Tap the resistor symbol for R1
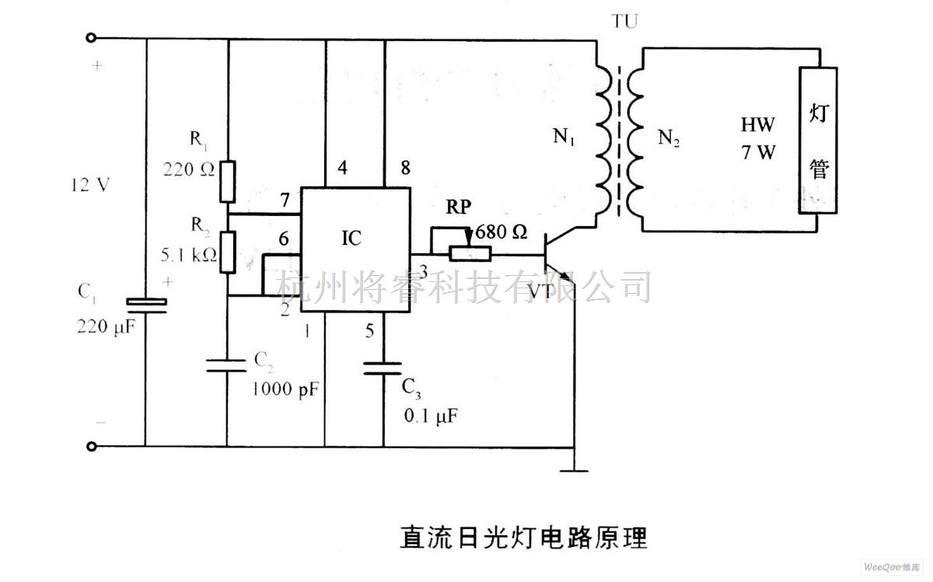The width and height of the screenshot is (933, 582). point(227,179)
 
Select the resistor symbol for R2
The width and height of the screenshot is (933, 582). point(227,252)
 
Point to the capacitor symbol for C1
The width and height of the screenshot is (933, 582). point(145,305)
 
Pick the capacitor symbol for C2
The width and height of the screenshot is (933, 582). point(227,365)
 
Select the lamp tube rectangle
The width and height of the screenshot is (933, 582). point(819,140)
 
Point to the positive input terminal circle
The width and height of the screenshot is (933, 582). point(93,37)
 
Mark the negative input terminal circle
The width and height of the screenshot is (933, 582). point(93,447)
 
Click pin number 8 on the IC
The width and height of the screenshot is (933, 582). point(403,167)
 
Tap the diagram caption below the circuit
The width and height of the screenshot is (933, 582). point(523,537)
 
